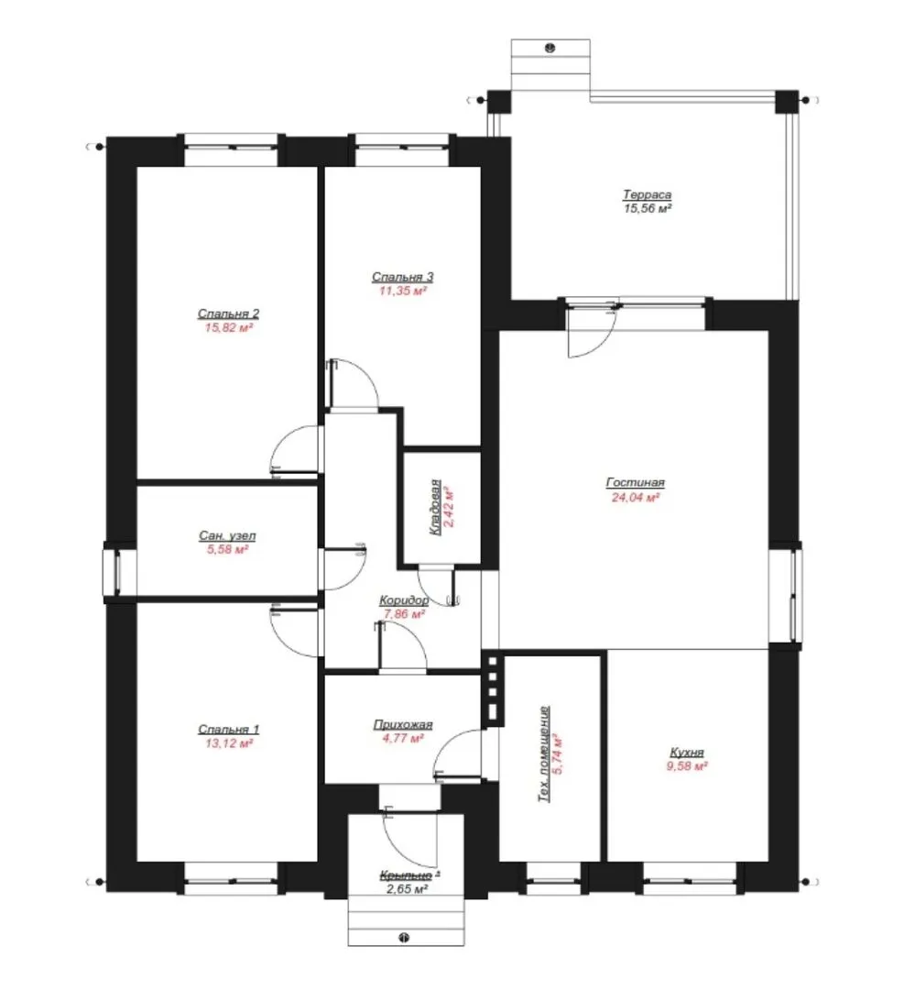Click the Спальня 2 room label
(x=228, y=313)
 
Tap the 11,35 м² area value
(x=403, y=291)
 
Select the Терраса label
(x=647, y=195)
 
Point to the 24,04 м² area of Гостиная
(x=636, y=497)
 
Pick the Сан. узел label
(x=227, y=536)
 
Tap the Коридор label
(x=404, y=599)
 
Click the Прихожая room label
(x=403, y=724)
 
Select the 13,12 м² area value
(x=228, y=743)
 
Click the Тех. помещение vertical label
(x=543, y=753)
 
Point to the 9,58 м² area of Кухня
(x=687, y=765)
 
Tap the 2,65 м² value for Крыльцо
(x=407, y=889)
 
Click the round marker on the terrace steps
(x=550, y=48)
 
